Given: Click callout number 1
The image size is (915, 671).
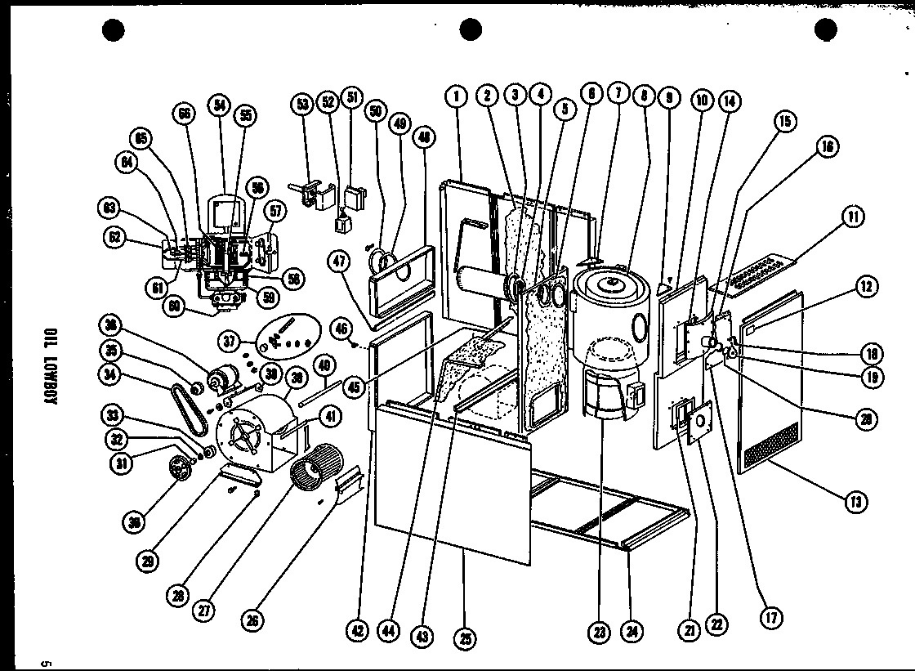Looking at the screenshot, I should [x=456, y=96].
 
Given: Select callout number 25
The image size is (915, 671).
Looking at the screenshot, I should [x=466, y=638].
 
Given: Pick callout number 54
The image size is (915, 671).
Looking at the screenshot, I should [x=218, y=104].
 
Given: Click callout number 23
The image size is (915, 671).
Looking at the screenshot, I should [x=600, y=630].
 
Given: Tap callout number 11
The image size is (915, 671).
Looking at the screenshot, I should [x=853, y=217].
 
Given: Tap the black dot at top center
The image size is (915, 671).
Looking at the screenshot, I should [x=468, y=31].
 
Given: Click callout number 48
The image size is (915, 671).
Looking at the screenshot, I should [x=426, y=138].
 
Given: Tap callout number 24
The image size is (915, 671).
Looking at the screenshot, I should [x=630, y=630].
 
